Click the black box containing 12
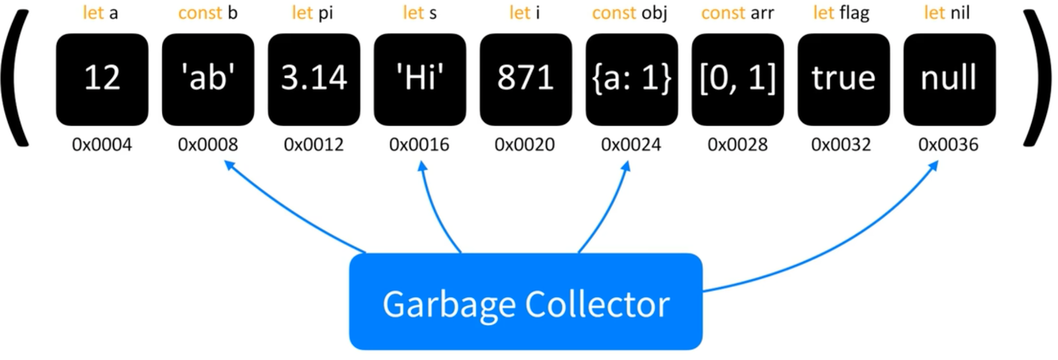pyautogui.click(x=102, y=80)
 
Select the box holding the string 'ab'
pyautogui.click(x=208, y=80)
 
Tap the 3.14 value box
pyautogui.click(x=314, y=80)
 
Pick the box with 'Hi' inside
pyautogui.click(x=420, y=80)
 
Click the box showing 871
pyautogui.click(x=526, y=80)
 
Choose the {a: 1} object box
pyautogui.click(x=632, y=80)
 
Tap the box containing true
pyautogui.click(x=843, y=80)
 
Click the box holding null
pyautogui.click(x=949, y=80)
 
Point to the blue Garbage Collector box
pyautogui.click(x=526, y=302)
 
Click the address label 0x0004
pyautogui.click(x=102, y=144)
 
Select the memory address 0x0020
pyautogui.click(x=525, y=144)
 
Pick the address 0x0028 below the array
pyautogui.click(x=737, y=144)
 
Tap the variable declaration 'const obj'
pyautogui.click(x=629, y=13)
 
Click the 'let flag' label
pyautogui.click(x=841, y=13)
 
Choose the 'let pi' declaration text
pyautogui.click(x=312, y=13)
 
